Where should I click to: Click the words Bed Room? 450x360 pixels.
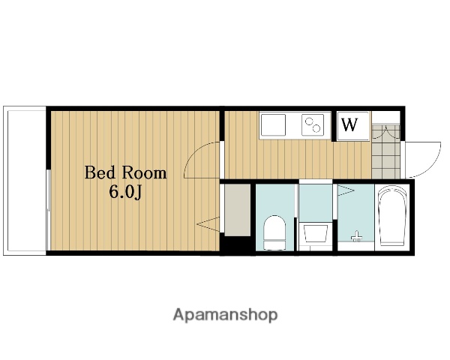[x=125, y=172]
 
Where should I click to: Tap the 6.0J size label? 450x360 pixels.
[x=125, y=192]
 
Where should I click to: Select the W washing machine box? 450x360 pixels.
[x=353, y=126]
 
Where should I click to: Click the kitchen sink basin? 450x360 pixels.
[x=273, y=125]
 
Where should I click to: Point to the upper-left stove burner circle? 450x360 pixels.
[x=309, y=121]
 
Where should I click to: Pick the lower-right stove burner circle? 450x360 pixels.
[x=316, y=128]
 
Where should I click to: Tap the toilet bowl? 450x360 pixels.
[x=274, y=232]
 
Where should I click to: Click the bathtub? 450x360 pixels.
[x=392, y=215]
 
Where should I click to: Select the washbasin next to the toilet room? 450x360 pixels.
[x=316, y=233]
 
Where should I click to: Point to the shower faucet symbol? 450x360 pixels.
[x=356, y=236]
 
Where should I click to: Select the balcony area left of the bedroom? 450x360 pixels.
[x=25, y=181]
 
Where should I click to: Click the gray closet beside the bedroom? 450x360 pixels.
[x=237, y=210]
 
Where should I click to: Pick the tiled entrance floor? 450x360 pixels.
[x=385, y=151]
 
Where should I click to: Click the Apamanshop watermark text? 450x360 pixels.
[x=225, y=315]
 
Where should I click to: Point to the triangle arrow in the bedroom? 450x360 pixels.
[x=208, y=224]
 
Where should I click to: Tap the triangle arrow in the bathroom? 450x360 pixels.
[x=346, y=190]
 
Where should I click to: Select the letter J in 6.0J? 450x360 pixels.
[x=138, y=193]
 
